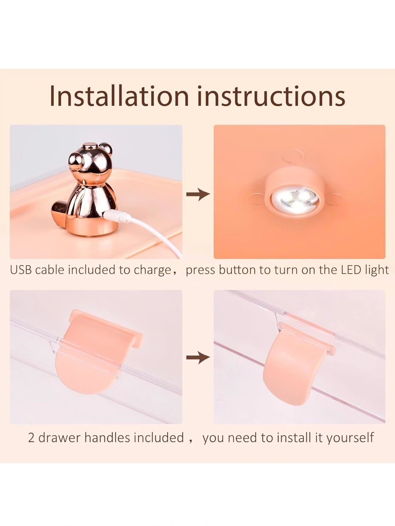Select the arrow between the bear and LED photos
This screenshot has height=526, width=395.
[x=198, y=194]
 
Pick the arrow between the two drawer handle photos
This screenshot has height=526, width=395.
[x=198, y=358]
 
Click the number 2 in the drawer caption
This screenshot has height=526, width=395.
[x=31, y=438]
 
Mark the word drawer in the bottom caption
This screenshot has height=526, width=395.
[x=60, y=438]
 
